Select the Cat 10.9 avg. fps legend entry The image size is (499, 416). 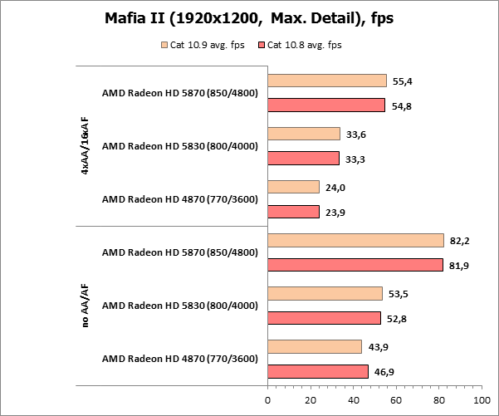click(208, 45)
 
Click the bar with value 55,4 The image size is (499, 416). click(327, 81)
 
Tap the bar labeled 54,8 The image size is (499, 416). click(326, 105)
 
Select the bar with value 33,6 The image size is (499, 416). click(304, 134)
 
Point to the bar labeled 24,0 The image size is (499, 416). click(293, 187)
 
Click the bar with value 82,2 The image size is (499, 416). click(355, 240)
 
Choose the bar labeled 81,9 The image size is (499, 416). click(355, 265)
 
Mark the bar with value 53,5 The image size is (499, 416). click(325, 293)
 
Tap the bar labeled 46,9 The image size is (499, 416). click(318, 371)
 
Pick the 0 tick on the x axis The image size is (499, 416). click(268, 400)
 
